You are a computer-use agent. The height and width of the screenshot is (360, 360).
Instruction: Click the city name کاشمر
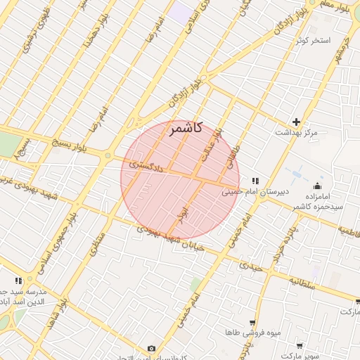[x=186, y=128]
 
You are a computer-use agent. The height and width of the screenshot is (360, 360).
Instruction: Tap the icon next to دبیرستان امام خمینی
[x=255, y=181]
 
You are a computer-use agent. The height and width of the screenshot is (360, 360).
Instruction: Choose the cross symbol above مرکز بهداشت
[x=296, y=122]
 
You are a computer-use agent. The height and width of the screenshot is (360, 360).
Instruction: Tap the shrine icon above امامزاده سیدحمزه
[x=318, y=186]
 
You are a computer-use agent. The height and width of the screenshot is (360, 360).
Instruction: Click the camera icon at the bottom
[x=151, y=349]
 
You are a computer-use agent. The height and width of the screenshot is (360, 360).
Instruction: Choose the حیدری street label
[x=250, y=266]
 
